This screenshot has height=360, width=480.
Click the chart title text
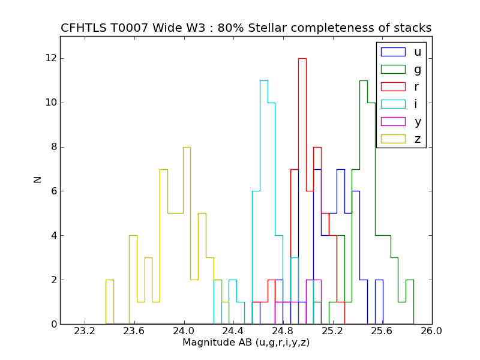246,28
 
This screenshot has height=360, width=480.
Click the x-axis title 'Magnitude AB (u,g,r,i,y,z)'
246,343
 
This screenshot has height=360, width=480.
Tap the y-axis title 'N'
37,179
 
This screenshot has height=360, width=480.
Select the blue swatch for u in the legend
393,52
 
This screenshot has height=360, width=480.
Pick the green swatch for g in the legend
393,70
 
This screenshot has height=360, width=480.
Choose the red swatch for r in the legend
393,87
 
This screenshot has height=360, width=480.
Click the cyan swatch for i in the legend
393,104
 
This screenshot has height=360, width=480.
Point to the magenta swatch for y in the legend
393,122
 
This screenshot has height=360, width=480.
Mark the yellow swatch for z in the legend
393,139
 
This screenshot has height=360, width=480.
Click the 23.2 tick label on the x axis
85,331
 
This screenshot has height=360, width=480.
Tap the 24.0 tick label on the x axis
184,331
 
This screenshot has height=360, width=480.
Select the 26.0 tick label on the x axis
431,331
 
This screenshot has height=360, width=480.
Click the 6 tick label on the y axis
53,191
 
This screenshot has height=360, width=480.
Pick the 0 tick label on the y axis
53,325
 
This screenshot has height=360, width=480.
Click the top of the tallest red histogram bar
302,58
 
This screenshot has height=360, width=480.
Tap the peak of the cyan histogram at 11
263,80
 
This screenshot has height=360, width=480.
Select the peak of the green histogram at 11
363,80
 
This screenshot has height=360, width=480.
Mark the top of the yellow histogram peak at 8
187,147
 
